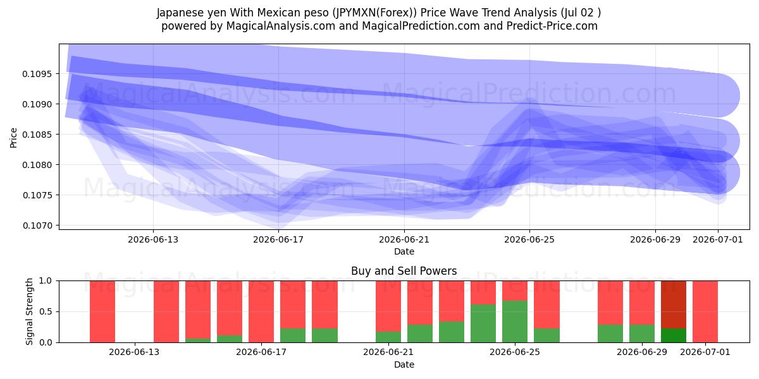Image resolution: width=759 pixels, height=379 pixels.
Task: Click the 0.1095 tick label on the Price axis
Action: [x=37, y=74]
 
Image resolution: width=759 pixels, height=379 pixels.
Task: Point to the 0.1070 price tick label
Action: [x=37, y=226]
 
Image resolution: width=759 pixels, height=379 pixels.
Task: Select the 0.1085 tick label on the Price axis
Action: [x=37, y=135]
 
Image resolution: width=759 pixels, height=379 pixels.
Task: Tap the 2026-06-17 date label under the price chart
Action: [x=278, y=239]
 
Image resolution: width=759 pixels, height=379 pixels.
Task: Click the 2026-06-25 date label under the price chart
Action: [x=529, y=239]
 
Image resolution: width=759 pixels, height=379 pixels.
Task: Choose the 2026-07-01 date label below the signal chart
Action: [x=705, y=352]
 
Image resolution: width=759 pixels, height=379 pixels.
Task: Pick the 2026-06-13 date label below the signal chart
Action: [x=134, y=352]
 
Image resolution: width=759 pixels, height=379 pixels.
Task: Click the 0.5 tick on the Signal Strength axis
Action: [x=46, y=311]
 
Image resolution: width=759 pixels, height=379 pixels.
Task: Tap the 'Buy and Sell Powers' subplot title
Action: [x=404, y=271]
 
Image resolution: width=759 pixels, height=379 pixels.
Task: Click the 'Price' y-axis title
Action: [x=13, y=138]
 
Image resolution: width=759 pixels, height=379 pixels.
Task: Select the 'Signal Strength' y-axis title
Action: [x=30, y=311]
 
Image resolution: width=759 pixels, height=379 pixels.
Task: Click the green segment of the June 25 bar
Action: [x=515, y=322]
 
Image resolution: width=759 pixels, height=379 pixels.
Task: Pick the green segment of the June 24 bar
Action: [x=483, y=323]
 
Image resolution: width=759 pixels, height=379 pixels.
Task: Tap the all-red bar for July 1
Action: [x=705, y=311]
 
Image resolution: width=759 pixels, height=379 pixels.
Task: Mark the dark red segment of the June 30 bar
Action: [x=674, y=304]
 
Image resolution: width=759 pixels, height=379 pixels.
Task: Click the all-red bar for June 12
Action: [x=102, y=311]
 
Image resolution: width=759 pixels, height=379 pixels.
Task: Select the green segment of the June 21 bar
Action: [x=388, y=337]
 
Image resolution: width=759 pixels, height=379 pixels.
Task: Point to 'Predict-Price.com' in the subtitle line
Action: [x=552, y=26]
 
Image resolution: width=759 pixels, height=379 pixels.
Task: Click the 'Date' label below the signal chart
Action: [x=404, y=364]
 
